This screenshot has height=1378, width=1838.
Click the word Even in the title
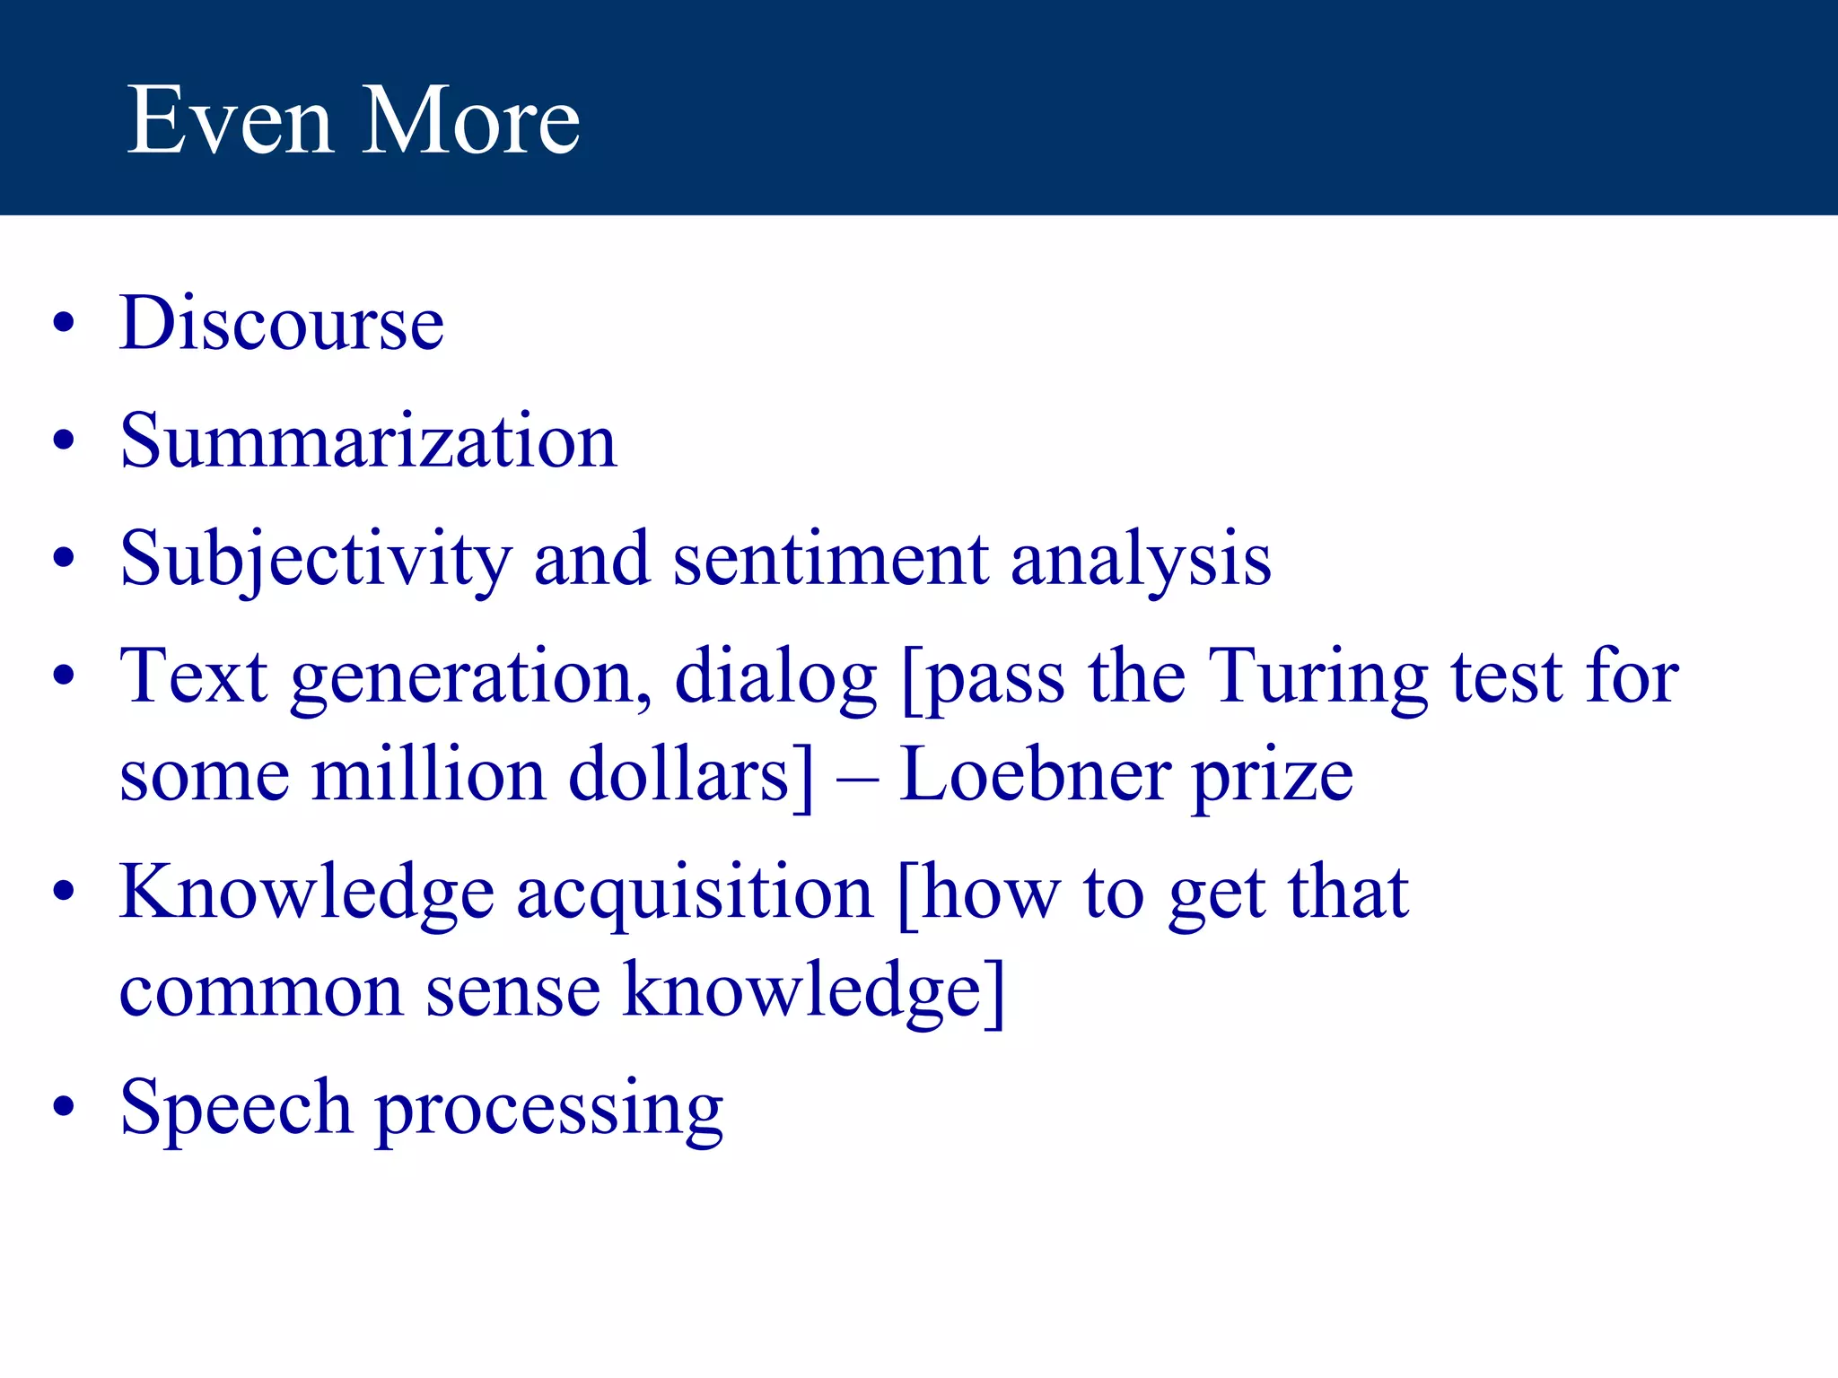coord(230,120)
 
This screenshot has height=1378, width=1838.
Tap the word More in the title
coord(470,120)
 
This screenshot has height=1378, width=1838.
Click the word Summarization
coord(368,440)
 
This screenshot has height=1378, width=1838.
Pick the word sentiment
coord(831,559)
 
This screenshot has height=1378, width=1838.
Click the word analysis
coord(1141,559)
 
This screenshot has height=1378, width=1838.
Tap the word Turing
coord(1318,677)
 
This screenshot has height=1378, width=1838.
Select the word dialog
coord(775,677)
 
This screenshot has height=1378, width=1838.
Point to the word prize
coord(1272,777)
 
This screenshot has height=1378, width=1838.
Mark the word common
coord(261,990)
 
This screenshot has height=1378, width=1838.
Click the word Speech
coord(235,1108)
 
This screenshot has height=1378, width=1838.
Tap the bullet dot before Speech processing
coord(63,1107)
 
